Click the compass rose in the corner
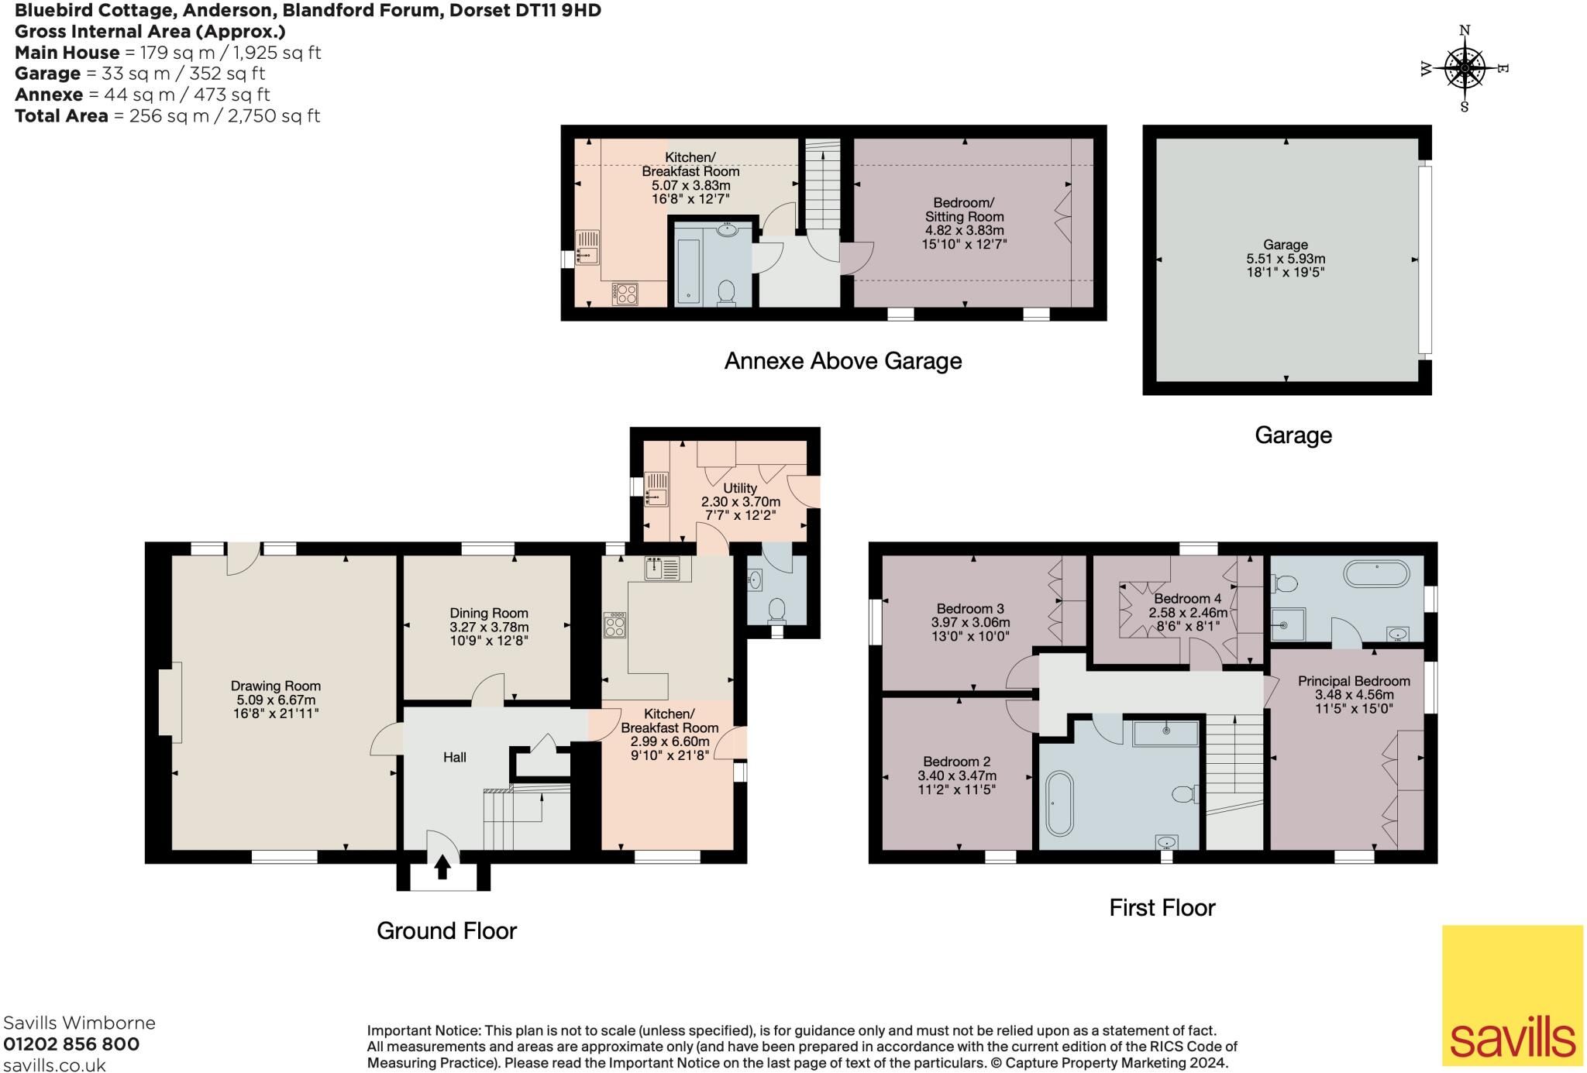1465,69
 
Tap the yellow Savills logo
1513,995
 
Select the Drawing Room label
276,686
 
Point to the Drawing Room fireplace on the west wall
165,698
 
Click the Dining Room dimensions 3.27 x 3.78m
489,627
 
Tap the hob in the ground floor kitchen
615,625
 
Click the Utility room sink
656,489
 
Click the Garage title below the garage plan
1293,435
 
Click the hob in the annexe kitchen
625,294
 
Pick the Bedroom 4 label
1187,598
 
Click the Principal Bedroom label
1354,681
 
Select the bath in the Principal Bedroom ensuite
1378,574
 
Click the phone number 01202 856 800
71,1044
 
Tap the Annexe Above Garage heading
843,361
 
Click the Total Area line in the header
167,115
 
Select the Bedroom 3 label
970,608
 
